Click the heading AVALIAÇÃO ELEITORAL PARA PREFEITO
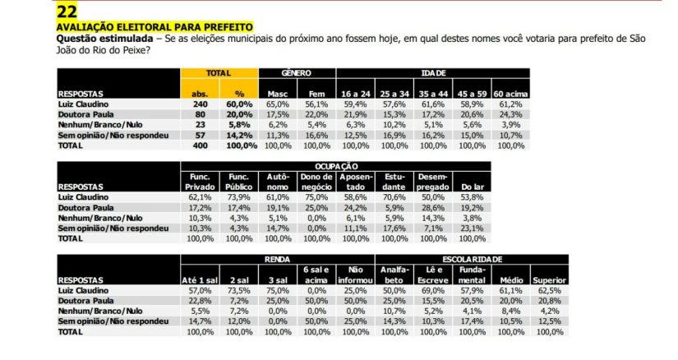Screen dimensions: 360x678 click(x=154, y=27)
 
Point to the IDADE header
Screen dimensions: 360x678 click(x=433, y=73)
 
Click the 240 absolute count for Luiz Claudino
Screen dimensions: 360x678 click(x=201, y=104)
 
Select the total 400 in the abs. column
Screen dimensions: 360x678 click(x=201, y=145)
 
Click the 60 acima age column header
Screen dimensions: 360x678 click(x=510, y=94)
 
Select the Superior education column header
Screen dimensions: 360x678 click(x=548, y=279)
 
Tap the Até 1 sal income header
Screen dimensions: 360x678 click(x=197, y=279)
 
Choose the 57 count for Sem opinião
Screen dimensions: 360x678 click(x=201, y=134)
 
